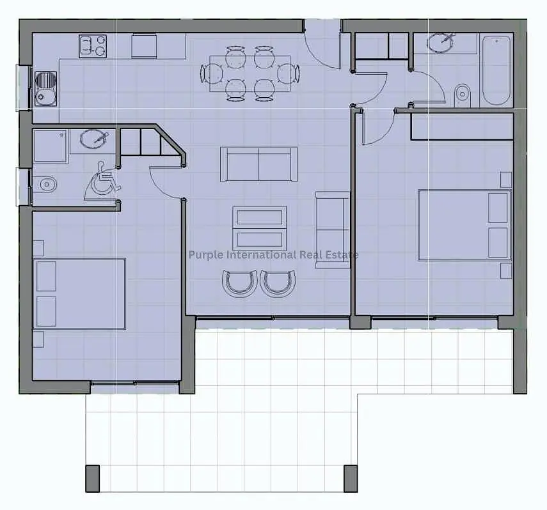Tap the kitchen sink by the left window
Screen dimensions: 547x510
point(45,89)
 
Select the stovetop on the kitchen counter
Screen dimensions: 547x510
point(93,46)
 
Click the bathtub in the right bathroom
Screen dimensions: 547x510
point(496,70)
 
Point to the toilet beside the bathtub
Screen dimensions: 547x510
point(463,95)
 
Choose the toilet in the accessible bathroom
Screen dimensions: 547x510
point(45,183)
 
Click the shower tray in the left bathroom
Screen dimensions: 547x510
point(51,146)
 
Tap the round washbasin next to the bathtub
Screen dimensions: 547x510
point(441,42)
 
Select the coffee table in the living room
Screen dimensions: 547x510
point(259,228)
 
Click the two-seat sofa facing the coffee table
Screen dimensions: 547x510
point(258,164)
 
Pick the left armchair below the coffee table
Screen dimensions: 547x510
point(240,283)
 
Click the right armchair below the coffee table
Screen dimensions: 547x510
point(278,283)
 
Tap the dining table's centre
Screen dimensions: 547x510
point(250,73)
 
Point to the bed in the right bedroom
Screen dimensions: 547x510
point(464,225)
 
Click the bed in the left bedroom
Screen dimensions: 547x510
point(79,293)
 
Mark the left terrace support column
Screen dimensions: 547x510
point(92,478)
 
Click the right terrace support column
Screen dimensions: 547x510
point(351,478)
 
